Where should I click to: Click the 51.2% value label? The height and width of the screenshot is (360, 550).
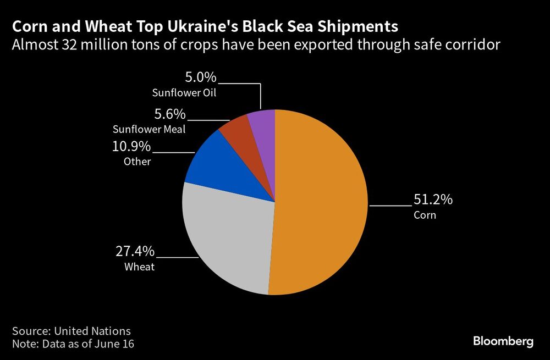click(433, 199)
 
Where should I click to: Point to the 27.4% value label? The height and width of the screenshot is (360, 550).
click(135, 251)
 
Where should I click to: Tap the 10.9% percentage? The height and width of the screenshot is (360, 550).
click(131, 146)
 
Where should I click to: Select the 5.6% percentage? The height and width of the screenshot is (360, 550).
click(170, 114)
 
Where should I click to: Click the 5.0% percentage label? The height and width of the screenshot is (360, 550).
click(201, 77)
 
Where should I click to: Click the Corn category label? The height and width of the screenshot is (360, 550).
click(425, 214)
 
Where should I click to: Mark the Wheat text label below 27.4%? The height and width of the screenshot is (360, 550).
click(139, 267)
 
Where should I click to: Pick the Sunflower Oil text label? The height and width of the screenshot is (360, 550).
click(184, 92)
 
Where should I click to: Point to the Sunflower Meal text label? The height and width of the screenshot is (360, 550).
click(149, 129)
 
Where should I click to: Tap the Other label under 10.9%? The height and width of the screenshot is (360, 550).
click(137, 161)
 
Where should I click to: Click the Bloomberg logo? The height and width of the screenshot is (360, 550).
click(503, 341)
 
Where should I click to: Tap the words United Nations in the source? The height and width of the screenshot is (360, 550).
click(92, 331)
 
